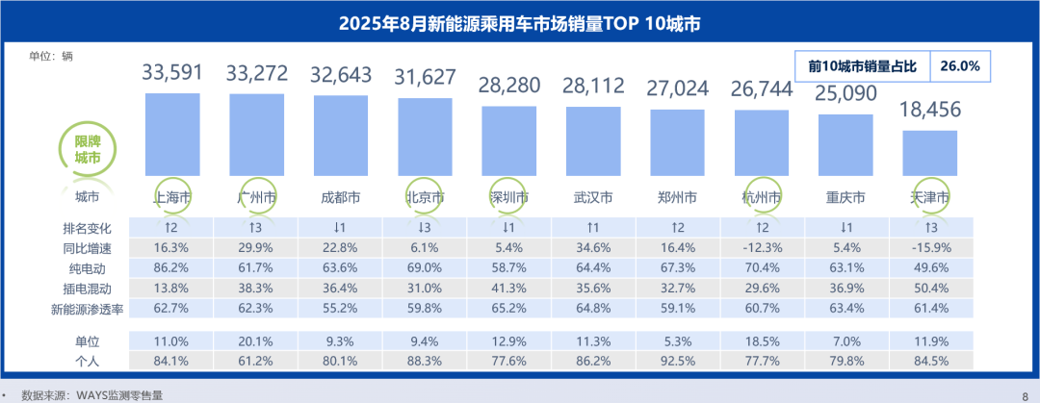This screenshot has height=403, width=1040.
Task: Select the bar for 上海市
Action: pos(171,135)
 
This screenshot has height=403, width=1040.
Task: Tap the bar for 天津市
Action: pos(930,154)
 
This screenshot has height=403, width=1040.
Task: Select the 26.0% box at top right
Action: pos(961,66)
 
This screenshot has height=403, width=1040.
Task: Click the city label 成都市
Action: pos(340,197)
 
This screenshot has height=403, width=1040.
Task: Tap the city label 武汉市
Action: pos(593,197)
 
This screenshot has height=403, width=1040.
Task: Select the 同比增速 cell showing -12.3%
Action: pos(761,247)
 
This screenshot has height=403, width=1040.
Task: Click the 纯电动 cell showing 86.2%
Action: pos(171,266)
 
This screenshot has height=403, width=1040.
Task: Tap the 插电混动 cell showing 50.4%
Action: pos(930,287)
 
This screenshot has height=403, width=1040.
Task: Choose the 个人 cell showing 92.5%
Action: pos(677,361)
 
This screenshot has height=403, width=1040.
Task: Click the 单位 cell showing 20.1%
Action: pos(256,341)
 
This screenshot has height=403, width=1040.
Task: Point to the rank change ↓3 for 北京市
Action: pos(425,228)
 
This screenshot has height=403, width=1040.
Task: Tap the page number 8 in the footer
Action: pos(1024,394)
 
